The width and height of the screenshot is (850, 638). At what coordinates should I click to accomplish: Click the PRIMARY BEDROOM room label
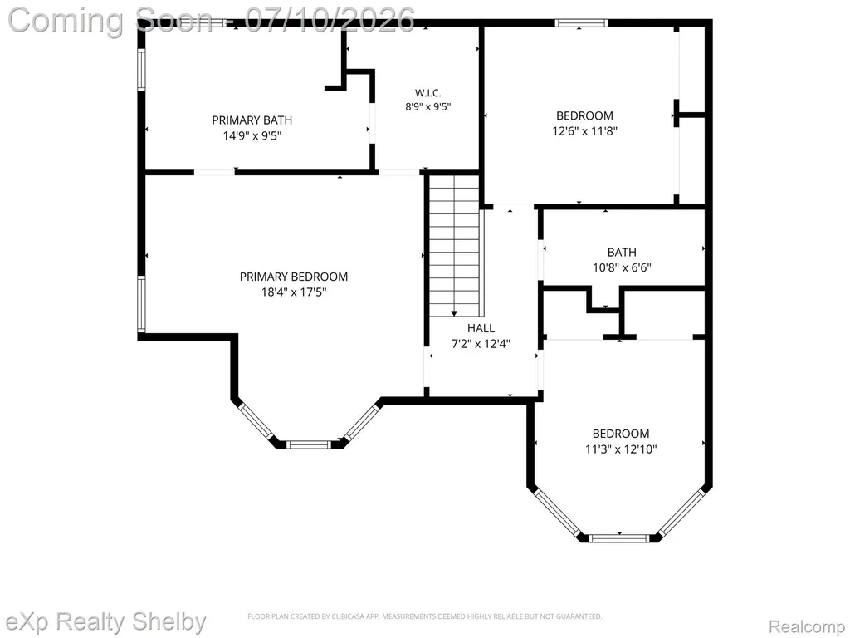(294, 277)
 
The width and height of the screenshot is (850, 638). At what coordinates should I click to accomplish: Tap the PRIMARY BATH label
(252, 120)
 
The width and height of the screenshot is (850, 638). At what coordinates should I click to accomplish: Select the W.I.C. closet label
(428, 93)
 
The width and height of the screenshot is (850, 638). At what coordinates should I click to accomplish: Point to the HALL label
(481, 328)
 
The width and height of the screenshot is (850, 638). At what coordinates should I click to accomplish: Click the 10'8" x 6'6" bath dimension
(622, 267)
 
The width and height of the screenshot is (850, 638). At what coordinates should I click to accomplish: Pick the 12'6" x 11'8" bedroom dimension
(585, 130)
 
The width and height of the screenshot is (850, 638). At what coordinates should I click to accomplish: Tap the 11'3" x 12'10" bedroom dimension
(621, 449)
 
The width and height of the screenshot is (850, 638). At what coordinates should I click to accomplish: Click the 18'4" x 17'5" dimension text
(294, 292)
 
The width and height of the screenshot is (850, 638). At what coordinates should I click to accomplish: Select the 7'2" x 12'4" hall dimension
(481, 343)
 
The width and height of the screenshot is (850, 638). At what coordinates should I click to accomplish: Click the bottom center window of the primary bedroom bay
(308, 445)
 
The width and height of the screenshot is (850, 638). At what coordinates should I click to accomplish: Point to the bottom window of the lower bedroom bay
(618, 538)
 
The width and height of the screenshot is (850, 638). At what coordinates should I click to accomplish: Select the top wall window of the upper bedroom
(581, 22)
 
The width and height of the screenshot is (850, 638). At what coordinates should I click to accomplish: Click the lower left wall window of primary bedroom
(141, 304)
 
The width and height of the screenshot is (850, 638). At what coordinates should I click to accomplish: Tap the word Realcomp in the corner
(806, 626)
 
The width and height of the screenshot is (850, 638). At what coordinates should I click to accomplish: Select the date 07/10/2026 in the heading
(330, 20)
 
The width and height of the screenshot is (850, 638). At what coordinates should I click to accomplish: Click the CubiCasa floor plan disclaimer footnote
(424, 616)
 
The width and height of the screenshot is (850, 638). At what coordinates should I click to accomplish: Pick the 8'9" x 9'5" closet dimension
(428, 107)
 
